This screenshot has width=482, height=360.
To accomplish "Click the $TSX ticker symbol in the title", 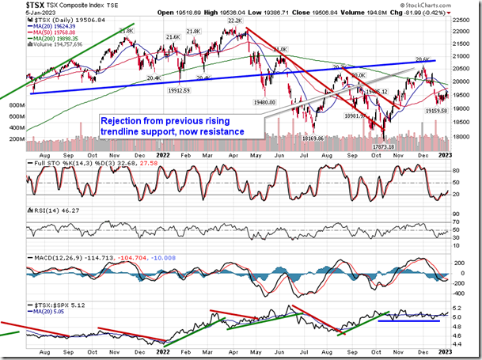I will point(15,6).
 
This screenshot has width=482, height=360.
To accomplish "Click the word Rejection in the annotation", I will point(121,120).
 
